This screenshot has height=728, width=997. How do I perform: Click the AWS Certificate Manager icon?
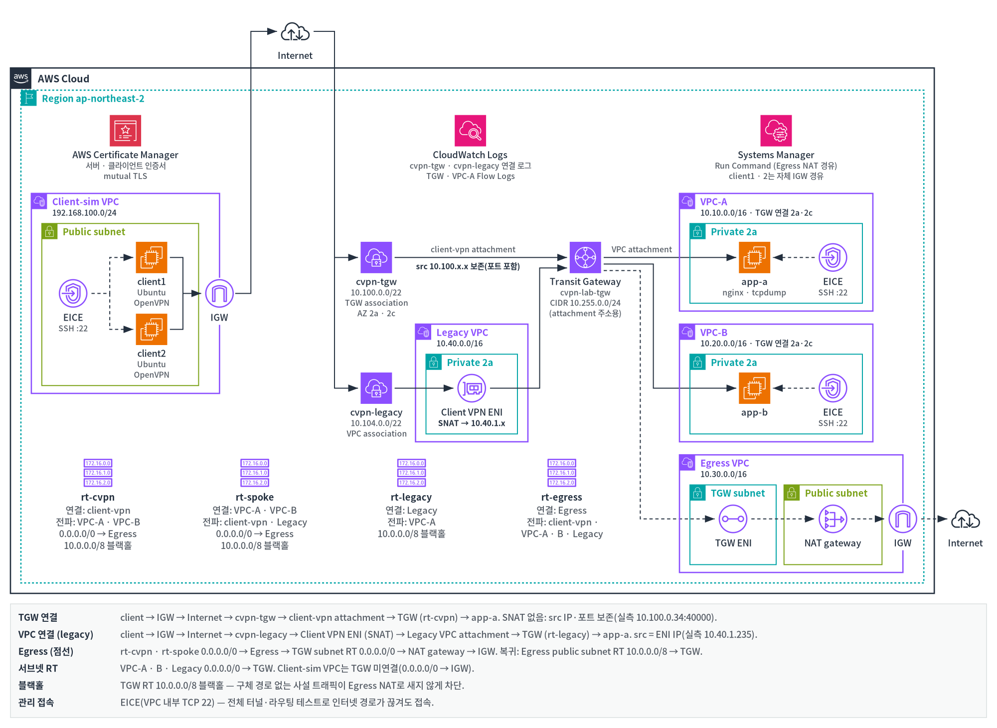(x=125, y=131)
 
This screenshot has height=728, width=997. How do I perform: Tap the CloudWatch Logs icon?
(x=470, y=131)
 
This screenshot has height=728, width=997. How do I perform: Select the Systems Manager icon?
(x=776, y=131)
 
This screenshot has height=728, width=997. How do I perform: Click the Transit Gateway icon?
(x=585, y=257)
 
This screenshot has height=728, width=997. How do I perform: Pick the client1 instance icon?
(x=152, y=257)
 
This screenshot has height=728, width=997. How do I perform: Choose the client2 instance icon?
(x=152, y=329)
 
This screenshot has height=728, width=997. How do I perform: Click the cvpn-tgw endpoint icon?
(x=376, y=257)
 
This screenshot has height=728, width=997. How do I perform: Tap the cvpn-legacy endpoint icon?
(x=376, y=388)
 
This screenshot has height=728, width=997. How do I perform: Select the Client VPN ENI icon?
(x=472, y=388)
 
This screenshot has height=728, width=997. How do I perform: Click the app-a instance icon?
(x=754, y=257)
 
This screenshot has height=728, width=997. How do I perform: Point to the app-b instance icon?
(x=754, y=388)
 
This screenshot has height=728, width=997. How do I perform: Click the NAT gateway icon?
(x=832, y=519)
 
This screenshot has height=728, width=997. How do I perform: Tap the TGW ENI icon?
(x=733, y=519)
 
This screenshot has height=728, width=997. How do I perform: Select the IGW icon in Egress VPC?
(x=902, y=519)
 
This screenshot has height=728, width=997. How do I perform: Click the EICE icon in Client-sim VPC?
(x=73, y=293)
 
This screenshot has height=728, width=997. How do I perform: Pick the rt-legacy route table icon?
(x=411, y=473)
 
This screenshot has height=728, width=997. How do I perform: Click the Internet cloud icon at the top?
(x=295, y=32)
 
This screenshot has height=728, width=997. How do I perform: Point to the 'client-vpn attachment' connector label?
(x=473, y=249)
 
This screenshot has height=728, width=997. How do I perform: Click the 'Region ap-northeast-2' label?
(x=93, y=99)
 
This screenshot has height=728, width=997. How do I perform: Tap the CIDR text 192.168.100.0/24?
(x=84, y=213)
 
